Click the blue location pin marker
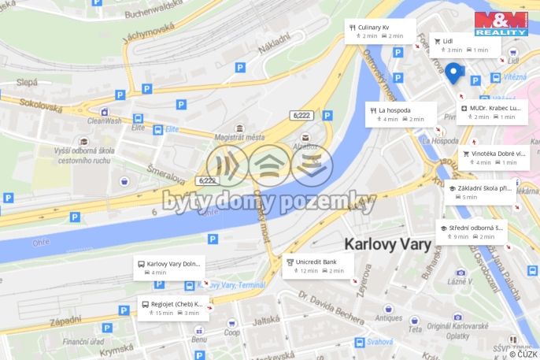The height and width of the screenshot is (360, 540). coord(454,72)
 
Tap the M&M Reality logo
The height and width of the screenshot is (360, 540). coord(500,23)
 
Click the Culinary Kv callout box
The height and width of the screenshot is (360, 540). coord(380,31)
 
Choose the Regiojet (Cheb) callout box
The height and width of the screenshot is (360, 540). coord(172,307)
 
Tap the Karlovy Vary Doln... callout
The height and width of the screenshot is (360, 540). coord(171,267)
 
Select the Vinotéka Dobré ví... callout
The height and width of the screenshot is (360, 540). coord(493,158)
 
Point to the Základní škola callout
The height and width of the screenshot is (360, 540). coord(479,192)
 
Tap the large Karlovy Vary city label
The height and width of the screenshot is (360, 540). coord(387,243)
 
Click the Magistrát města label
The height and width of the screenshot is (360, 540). coord(239,137)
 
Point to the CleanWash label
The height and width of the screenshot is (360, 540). coord(104,121)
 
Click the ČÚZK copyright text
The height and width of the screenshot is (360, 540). coord(523,354)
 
